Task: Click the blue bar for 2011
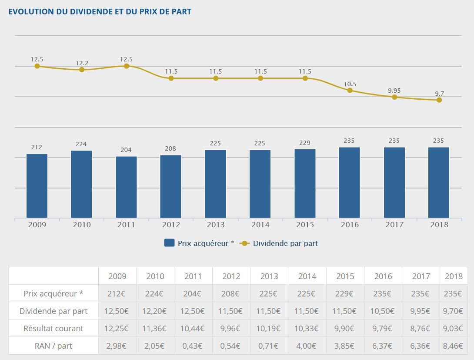[126, 187]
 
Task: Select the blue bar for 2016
[350, 183]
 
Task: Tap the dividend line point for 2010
[82, 70]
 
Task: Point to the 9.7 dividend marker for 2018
[439, 100]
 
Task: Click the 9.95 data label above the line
[394, 91]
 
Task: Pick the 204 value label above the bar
[126, 150]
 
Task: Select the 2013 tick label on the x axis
[216, 225]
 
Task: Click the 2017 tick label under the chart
[394, 225]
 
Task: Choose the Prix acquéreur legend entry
[199, 243]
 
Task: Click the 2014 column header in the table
[307, 276]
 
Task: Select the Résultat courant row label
[53, 328]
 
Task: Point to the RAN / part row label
[53, 346]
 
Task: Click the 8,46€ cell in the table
[454, 346]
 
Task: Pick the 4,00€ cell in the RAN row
[307, 346]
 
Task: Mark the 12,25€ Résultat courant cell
[117, 328]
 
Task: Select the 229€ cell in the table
[345, 293]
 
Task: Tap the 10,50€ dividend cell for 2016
[383, 311]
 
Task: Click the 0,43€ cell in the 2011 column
[193, 346]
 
